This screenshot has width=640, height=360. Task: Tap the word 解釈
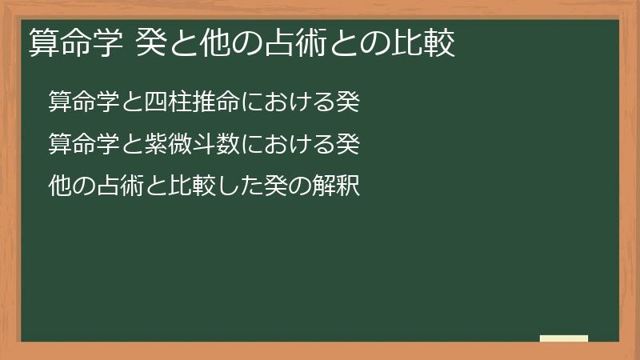[x=341, y=187]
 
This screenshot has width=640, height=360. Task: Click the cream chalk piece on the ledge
[x=564, y=338]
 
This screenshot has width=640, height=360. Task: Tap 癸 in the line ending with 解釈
[x=282, y=187]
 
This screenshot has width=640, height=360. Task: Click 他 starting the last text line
[x=60, y=187]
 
